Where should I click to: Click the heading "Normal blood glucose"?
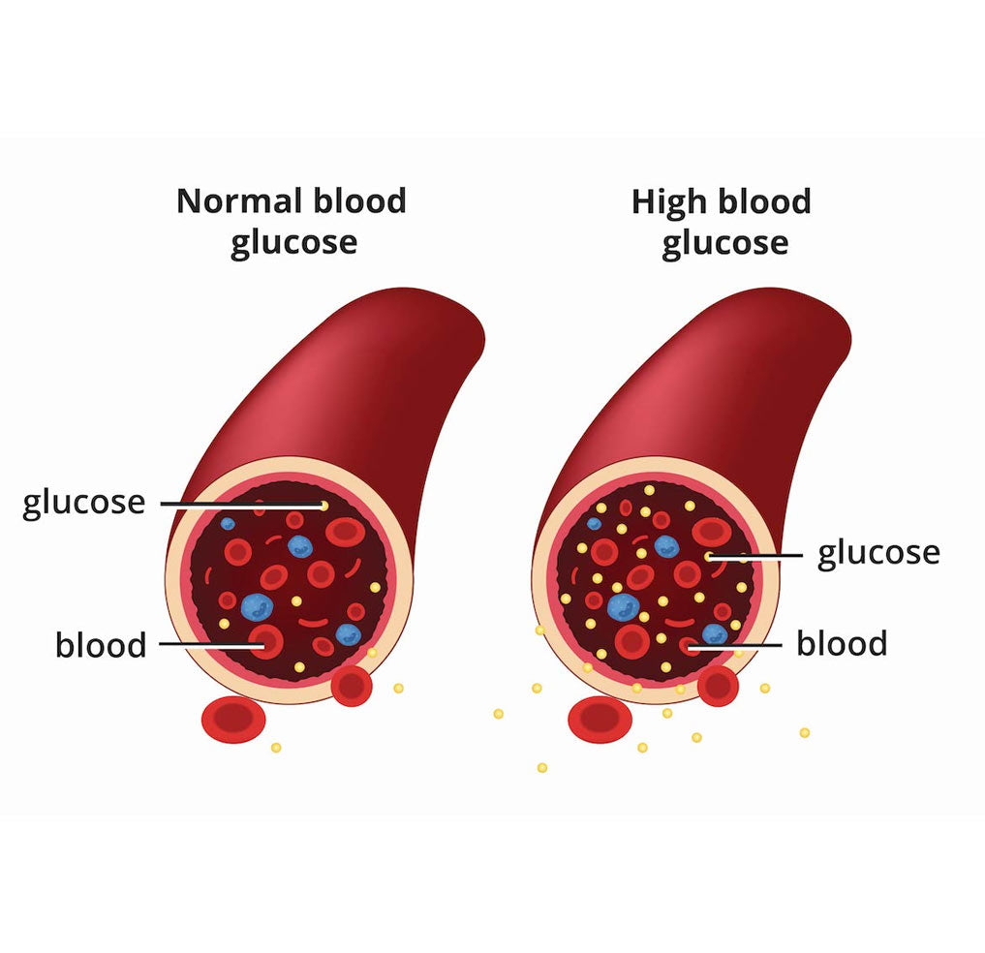(292, 222)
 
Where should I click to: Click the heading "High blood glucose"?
(722, 222)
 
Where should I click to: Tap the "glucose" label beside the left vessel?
(83, 504)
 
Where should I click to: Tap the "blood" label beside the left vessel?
(101, 645)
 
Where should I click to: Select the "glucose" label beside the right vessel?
(878, 554)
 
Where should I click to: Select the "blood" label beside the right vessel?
(842, 643)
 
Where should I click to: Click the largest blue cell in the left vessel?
(257, 606)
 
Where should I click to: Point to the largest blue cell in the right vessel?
(624, 607)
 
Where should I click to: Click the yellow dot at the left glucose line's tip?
(324, 506)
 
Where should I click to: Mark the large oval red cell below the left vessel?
(233, 720)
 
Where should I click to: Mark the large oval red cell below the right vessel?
(600, 720)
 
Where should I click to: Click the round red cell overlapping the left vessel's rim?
(352, 686)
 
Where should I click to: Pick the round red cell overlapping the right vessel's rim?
(718, 686)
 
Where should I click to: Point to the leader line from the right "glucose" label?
(755, 555)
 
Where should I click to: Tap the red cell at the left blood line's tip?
(265, 641)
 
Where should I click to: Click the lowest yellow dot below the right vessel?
(542, 768)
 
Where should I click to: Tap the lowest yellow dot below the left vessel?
(276, 748)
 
